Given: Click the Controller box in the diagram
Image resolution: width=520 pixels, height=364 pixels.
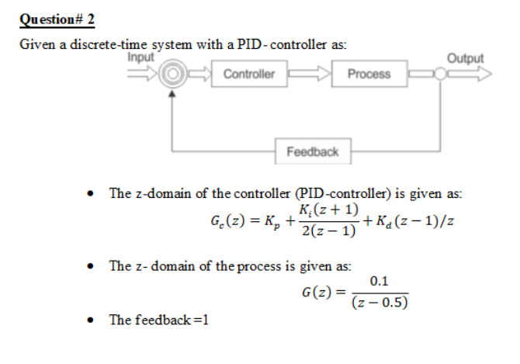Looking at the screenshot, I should pos(248,75).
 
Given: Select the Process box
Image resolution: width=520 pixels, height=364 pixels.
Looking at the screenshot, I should pos(369,75).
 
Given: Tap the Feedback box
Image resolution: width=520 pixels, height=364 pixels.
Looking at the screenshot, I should pos(312,151).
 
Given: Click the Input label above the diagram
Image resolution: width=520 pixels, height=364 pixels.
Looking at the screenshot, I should pos(140,57).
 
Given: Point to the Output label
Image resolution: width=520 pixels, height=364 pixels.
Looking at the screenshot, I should pos(465,58).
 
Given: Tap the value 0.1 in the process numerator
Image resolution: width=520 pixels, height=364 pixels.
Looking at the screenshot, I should pos(380,281).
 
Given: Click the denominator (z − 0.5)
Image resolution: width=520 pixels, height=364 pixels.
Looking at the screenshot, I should pos(380,303).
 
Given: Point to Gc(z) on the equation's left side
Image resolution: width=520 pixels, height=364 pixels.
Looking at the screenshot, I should pos(226,221).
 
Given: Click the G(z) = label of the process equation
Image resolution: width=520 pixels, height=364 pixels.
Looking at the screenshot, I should pos(321,293).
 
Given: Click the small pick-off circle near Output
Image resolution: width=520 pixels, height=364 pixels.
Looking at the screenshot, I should pos(439,75).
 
